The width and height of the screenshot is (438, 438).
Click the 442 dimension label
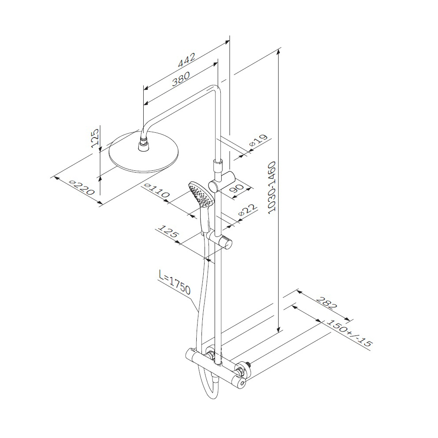coord(186,60)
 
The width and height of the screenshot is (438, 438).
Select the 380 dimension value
coord(181,78)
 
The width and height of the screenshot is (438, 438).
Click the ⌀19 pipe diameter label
coord(258,141)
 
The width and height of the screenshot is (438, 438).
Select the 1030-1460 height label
coord(272,188)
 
